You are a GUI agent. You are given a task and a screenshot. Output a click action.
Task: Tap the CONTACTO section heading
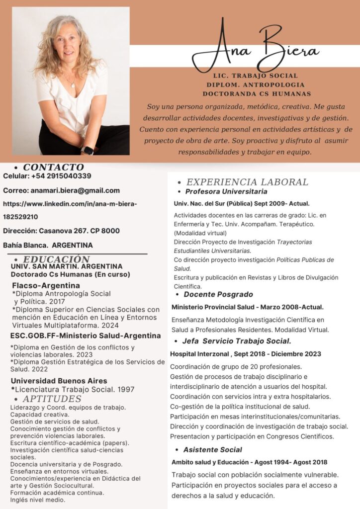click(53, 167)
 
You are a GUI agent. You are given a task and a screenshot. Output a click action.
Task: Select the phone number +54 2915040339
click(61, 176)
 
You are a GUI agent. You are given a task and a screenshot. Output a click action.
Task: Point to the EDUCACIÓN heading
click(56, 259)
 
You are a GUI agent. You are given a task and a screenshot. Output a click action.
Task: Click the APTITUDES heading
click(52, 399)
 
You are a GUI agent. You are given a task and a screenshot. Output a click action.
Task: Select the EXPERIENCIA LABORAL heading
click(247, 182)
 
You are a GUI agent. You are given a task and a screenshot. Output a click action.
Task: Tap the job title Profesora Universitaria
click(226, 191)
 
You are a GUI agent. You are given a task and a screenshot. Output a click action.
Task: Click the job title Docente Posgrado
click(218, 294)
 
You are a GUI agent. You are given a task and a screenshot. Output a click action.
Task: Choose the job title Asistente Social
click(212, 449)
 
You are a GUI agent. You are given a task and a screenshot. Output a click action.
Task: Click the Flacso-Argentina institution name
click(46, 285)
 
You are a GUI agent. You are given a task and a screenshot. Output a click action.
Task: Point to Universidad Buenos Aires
click(59, 381)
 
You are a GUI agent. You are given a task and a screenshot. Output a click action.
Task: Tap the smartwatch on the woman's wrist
click(88, 150)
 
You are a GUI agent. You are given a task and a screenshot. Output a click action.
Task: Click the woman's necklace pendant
click(73, 85)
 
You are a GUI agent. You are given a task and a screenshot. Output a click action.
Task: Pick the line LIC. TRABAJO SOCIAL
click(255, 76)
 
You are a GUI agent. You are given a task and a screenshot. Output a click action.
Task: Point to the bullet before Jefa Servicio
click(177, 341)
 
